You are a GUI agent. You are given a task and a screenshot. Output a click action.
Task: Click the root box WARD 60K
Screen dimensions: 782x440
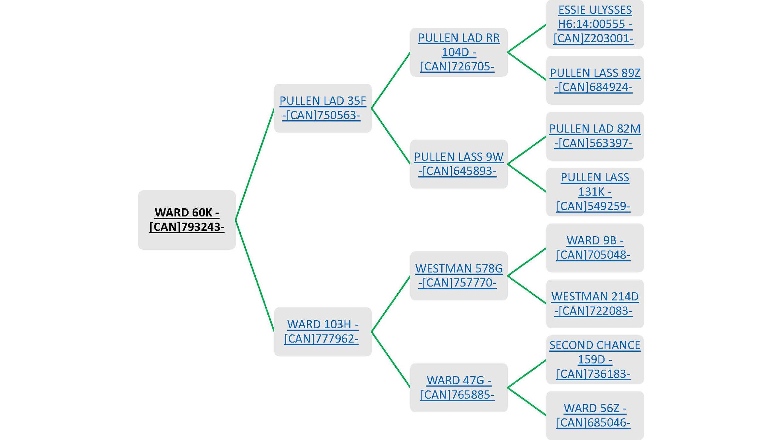coord(187,220)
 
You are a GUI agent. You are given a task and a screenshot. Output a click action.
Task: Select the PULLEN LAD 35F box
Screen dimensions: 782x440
coord(322,108)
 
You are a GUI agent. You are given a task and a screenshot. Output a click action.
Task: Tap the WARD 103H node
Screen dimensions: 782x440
coord(322,331)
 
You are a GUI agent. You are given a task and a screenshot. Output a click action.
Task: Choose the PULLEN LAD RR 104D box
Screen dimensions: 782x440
coord(459,52)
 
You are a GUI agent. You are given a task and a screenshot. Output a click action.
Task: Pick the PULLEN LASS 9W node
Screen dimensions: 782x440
coord(459,164)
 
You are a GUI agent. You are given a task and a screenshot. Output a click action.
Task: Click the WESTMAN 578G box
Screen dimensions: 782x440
coord(459,276)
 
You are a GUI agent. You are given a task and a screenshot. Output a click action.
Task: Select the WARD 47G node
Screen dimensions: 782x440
coord(459,388)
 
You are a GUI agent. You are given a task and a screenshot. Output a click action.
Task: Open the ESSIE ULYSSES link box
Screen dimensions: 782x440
coord(595,24)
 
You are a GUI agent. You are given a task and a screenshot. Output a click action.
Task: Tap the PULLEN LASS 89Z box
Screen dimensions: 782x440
coord(595,80)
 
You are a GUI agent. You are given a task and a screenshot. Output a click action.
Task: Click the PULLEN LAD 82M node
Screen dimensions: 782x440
coord(595,136)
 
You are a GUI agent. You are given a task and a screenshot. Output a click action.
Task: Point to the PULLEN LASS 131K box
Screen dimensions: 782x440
coord(595,192)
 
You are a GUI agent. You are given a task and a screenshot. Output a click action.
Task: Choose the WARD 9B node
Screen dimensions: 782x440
coord(595,248)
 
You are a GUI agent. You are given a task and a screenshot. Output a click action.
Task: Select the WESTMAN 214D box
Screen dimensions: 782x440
coord(595,304)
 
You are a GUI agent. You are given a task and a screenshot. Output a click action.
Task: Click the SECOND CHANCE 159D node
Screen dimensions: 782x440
coord(595,359)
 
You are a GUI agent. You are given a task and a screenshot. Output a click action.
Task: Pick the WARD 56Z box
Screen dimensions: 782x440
coord(595,416)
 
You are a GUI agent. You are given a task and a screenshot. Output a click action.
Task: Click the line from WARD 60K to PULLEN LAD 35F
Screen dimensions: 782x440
coord(255,164)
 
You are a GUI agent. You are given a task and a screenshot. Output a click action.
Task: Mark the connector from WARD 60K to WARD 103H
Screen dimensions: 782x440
coord(255,276)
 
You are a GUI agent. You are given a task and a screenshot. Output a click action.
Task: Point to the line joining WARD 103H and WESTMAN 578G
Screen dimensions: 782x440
coord(391,304)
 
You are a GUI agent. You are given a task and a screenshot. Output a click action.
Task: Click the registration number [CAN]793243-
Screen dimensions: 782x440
coord(187,227)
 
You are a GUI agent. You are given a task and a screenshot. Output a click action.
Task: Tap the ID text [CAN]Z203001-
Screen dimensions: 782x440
coord(593,38)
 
